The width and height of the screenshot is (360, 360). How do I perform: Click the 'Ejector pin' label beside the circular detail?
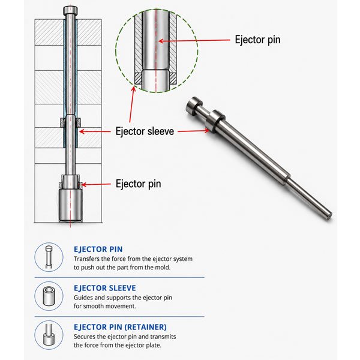click(257, 40)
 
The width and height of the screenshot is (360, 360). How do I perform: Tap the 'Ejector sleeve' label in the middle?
click(145, 131)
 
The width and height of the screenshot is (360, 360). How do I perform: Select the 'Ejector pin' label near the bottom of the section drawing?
click(138, 184)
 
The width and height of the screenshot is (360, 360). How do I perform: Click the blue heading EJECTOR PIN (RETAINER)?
click(120, 327)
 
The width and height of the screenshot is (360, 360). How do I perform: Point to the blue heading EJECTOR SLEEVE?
click(104, 288)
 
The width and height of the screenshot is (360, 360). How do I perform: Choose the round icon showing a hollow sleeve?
click(49, 296)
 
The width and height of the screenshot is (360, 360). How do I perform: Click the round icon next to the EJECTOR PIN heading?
click(49, 257)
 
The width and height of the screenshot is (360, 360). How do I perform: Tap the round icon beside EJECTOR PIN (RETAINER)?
click(49, 335)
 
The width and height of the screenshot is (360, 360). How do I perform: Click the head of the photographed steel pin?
click(193, 106)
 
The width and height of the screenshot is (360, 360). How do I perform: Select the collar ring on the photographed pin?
click(215, 121)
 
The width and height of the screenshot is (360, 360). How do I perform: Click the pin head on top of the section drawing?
click(70, 11)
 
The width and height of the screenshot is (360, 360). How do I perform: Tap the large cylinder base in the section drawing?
click(70, 205)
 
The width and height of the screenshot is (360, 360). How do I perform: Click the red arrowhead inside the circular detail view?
click(161, 41)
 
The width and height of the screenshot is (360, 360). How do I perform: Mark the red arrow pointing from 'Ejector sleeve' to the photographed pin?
click(194, 131)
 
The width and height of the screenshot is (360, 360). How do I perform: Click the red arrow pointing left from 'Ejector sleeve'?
click(95, 131)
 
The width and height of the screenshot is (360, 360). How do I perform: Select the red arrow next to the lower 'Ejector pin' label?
click(96, 184)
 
